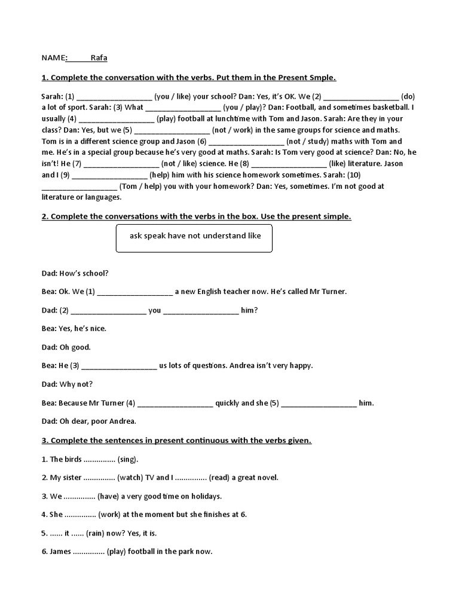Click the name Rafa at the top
point(99,58)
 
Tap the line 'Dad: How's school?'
point(75,274)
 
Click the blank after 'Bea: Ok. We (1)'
point(134,292)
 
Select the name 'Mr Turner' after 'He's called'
point(328,292)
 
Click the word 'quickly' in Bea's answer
point(227,403)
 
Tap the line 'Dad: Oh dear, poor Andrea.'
point(89,421)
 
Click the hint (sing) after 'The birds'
point(127,459)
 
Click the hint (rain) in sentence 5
point(96,533)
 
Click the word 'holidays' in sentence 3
point(206,496)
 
